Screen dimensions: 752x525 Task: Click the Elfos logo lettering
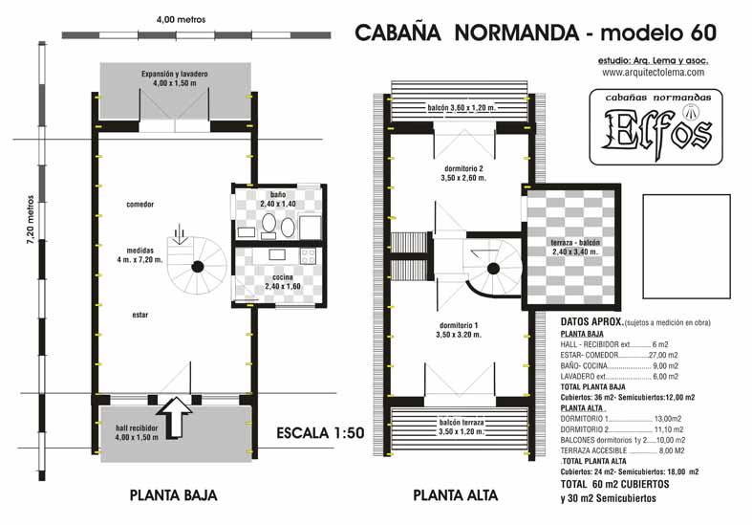coord(656,128)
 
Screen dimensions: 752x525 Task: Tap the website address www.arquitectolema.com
coord(654,73)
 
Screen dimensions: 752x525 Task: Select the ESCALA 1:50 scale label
coord(320,433)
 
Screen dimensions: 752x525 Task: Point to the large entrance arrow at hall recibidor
coord(175,417)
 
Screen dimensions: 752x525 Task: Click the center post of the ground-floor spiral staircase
coord(197,267)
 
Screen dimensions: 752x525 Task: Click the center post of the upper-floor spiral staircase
coord(493,269)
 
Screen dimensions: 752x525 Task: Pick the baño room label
coord(278,194)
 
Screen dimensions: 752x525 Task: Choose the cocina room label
coord(283,277)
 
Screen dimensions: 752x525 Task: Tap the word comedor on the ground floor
coord(140,205)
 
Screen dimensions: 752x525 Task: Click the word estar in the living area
coord(140,315)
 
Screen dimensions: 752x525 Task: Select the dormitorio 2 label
coord(463,169)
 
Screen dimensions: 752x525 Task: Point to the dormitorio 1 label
coord(459,325)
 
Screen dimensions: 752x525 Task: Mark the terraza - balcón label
coord(575,243)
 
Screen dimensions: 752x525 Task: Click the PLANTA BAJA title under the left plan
coord(173,495)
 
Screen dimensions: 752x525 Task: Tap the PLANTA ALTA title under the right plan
coord(455,495)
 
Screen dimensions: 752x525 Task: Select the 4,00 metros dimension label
coord(181,20)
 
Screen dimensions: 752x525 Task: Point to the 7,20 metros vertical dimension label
coord(31,219)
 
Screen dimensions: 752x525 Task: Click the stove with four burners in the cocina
coord(308,255)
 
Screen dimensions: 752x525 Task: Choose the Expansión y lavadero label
coord(175,74)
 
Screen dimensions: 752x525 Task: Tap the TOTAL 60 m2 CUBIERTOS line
coord(614,484)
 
